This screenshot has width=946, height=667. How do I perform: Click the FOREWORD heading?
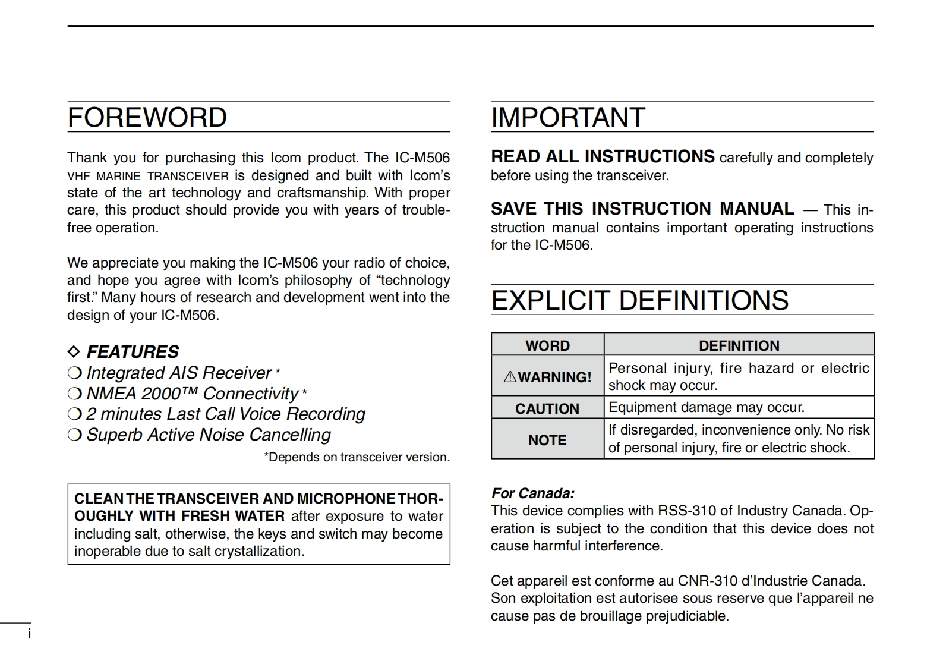coord(147,117)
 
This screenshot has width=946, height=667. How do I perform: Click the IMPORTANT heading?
coord(567,117)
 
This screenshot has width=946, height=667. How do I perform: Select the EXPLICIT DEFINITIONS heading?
coord(639,300)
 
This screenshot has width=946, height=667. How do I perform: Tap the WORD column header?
coord(547,345)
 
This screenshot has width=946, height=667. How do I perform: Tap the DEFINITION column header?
coord(739,345)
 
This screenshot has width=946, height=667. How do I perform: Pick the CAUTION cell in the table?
coord(547,408)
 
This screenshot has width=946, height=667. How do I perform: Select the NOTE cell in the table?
coord(547,440)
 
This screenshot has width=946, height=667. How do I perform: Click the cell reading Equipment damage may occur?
coord(706,408)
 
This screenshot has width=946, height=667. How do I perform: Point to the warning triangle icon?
coord(510,377)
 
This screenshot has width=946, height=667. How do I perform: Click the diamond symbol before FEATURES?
coord(74,352)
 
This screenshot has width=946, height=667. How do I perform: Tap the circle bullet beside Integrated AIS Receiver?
coord(74,373)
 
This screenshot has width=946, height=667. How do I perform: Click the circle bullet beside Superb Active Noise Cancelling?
coord(74,435)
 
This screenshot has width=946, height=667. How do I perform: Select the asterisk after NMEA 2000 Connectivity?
coord(305,392)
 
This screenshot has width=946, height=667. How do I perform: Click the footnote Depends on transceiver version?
coord(357,457)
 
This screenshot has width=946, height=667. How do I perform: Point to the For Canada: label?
coord(532,493)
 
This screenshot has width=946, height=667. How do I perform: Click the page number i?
coord(29,634)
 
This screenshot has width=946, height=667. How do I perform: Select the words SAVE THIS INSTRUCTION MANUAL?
coord(642,209)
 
